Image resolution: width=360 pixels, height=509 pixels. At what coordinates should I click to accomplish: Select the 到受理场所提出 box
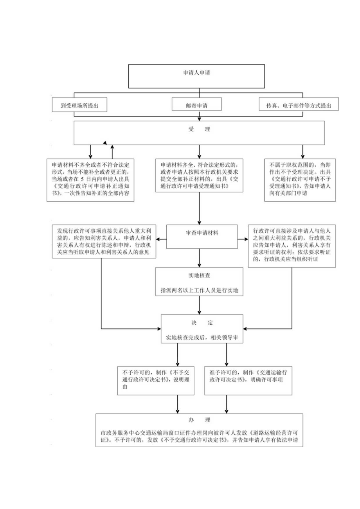pyautogui.click(x=79, y=105)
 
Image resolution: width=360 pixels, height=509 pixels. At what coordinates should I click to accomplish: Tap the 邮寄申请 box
pyautogui.click(x=196, y=105)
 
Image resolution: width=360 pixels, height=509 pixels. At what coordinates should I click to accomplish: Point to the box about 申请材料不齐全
pyautogui.click(x=90, y=180)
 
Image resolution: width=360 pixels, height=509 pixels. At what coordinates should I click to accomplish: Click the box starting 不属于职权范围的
pyautogui.click(x=300, y=180)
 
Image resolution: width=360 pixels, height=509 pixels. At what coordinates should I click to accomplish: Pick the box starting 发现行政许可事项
pyautogui.click(x=104, y=241)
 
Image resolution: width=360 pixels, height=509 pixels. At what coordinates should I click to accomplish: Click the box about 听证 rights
pyautogui.click(x=292, y=246)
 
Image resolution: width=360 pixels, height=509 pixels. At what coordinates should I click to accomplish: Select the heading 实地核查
pyautogui.click(x=200, y=275)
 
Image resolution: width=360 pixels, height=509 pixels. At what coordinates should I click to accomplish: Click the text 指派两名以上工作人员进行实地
pyautogui.click(x=200, y=290)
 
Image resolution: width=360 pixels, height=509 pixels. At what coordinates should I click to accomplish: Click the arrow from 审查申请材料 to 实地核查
pyautogui.click(x=200, y=258)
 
